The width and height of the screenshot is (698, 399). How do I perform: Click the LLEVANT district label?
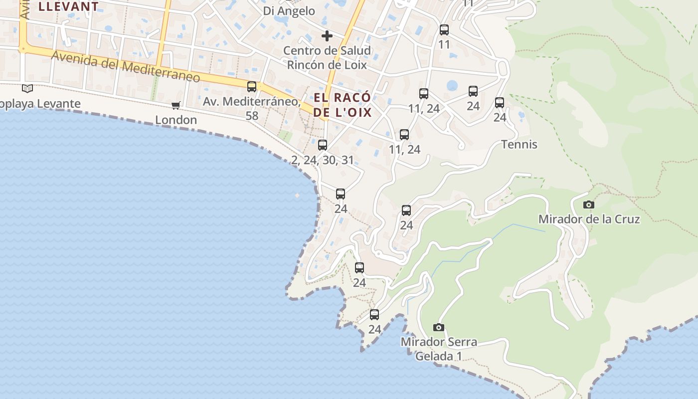click(68, 6)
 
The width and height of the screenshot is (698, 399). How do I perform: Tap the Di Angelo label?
click(289, 11)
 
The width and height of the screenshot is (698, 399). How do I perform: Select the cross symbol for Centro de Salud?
click(327, 36)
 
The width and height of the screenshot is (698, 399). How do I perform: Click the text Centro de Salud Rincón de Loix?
click(327, 57)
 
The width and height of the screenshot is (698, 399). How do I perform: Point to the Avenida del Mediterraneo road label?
click(126, 66)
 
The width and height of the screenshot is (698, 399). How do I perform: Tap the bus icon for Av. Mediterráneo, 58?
click(252, 86)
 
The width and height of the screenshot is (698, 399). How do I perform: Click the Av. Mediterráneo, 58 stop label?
click(252, 108)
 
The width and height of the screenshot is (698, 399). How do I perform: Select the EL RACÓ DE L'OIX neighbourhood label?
click(343, 105)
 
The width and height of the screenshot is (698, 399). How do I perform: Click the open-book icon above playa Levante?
click(27, 89)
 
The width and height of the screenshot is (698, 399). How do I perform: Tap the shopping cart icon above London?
click(175, 105)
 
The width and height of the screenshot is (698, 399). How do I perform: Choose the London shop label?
click(176, 120)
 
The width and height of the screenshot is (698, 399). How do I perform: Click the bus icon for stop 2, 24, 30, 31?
click(323, 145)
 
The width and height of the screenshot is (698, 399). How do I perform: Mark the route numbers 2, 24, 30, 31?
click(323, 160)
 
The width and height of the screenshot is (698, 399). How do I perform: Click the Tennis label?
click(519, 145)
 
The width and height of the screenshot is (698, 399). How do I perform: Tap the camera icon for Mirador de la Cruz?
click(589, 204)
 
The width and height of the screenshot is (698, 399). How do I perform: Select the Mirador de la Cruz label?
click(589, 219)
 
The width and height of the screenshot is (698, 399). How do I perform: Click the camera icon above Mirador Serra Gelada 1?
click(439, 328)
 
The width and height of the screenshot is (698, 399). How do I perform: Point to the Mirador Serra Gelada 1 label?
click(439, 349)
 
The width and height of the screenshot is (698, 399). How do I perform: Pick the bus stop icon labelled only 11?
click(444, 30)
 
